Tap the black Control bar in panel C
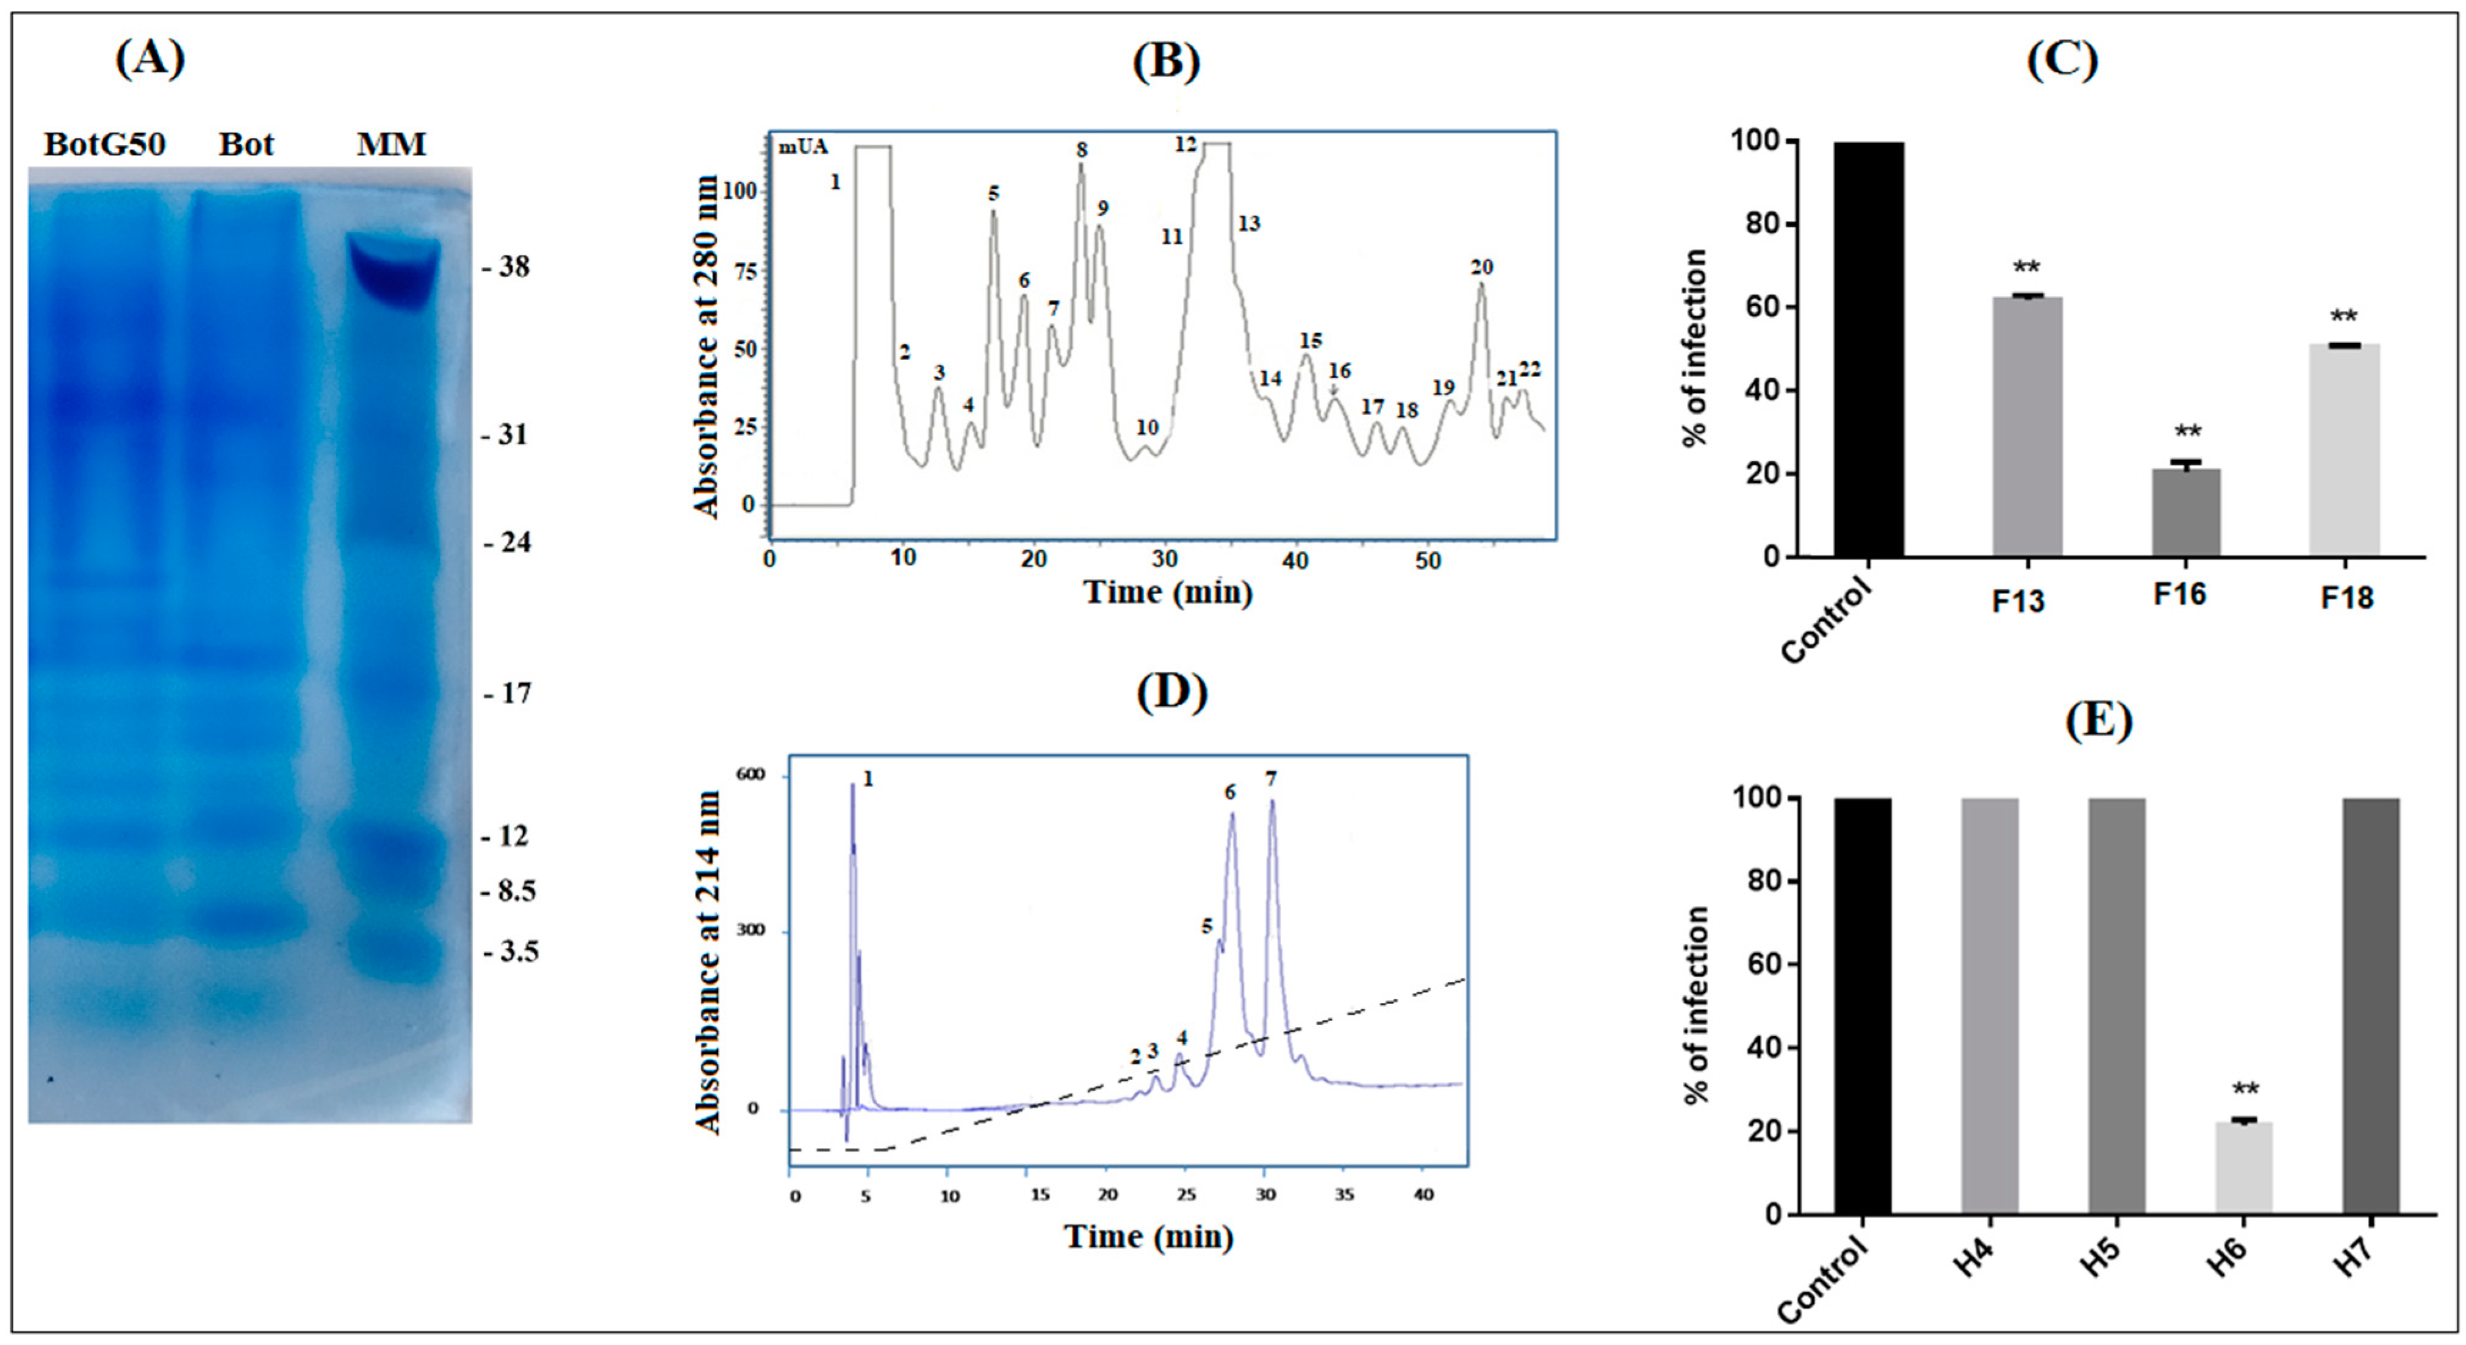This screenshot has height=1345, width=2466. click(1869, 350)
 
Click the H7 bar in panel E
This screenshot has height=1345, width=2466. click(2371, 1005)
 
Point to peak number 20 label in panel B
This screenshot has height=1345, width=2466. click(1481, 267)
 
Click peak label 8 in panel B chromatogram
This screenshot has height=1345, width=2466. click(1082, 150)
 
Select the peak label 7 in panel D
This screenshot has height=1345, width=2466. click(1270, 779)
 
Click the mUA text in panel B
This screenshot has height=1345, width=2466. click(802, 148)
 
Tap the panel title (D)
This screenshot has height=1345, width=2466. click(1172, 692)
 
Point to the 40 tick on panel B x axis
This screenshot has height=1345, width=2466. click(1295, 560)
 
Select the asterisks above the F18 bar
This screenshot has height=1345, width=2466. click(2343, 317)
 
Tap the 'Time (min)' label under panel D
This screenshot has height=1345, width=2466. click(1148, 1237)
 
